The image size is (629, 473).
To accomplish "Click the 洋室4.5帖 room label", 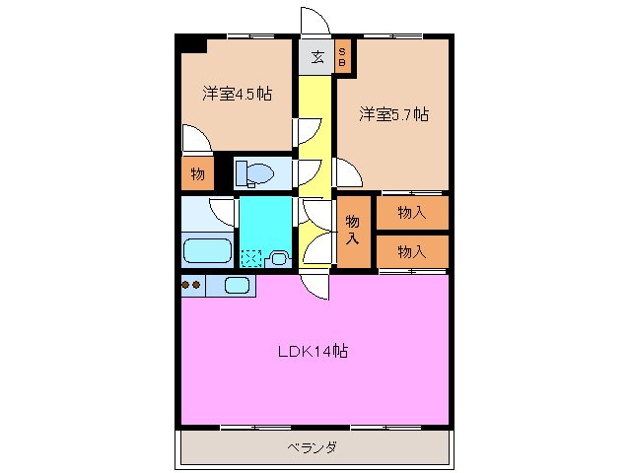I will point(238,95).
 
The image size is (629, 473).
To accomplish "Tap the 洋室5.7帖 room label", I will point(393,115).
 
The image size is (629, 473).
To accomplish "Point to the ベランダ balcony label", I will point(313,447).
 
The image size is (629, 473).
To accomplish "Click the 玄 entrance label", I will point(317,56).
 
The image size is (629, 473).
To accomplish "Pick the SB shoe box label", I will point(342,56).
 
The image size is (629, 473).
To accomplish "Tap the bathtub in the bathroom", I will point(207,250).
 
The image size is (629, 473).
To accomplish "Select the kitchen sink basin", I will point(238,286).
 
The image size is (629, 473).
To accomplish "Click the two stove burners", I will point(191,286).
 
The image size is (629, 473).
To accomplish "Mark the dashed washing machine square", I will point(252,259).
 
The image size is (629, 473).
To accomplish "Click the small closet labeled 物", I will point(197,174).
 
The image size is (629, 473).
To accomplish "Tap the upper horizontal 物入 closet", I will point(411,212).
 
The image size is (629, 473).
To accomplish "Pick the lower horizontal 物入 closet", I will point(411,251).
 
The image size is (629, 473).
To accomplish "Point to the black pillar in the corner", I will point(191,44).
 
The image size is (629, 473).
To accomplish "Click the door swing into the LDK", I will point(316,286).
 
